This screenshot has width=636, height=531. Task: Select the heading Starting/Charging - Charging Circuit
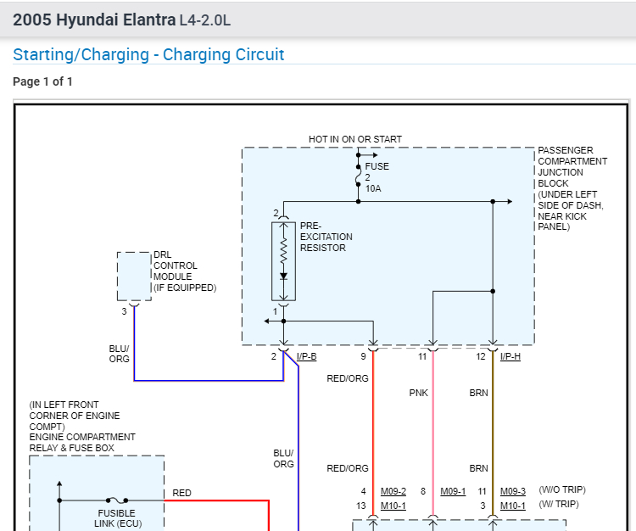click(x=148, y=55)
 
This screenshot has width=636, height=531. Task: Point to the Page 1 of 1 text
click(x=42, y=82)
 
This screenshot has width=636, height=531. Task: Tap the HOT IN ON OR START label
click(x=355, y=139)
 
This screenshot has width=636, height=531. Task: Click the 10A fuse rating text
click(x=373, y=188)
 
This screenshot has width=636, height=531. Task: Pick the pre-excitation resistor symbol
click(x=283, y=260)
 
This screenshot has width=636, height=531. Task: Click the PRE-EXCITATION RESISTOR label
click(x=326, y=237)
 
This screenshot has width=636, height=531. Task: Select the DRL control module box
click(x=134, y=276)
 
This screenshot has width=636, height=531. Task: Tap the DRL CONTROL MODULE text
click(x=184, y=271)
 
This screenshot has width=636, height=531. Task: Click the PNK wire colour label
click(x=419, y=393)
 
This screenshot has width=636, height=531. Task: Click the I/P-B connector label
click(x=306, y=356)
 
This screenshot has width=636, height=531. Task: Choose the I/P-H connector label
click(x=510, y=356)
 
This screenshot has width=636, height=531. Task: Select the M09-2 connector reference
click(x=393, y=491)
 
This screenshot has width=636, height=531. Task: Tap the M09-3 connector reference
click(x=512, y=491)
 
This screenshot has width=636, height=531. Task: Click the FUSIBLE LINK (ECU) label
click(x=116, y=518)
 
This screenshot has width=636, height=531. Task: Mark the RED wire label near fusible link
click(x=181, y=493)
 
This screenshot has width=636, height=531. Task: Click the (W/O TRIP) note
click(x=562, y=490)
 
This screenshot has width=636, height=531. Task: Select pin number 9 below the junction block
click(x=363, y=356)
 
